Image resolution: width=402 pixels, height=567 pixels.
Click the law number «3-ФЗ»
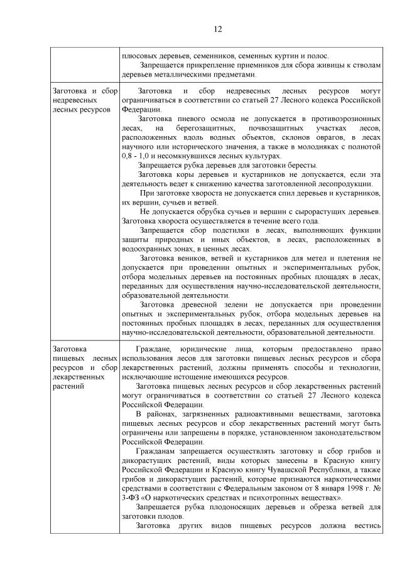pyautogui.click(x=133, y=497)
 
